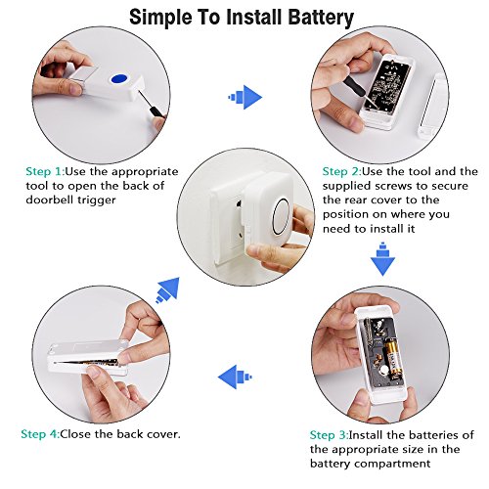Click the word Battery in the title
coord(321,18)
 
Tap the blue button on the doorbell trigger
coord(118,79)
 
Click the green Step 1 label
coord(45,171)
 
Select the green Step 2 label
coord(341,171)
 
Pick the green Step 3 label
coord(329,435)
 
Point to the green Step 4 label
coord(40,434)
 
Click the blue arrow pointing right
coord(245,97)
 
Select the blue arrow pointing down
coord(382,259)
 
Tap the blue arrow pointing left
coord(235,377)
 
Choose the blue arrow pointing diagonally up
coord(168,289)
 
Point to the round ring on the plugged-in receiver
coord(274,216)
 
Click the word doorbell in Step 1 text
coord(50,200)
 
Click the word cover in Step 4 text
coord(163,434)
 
